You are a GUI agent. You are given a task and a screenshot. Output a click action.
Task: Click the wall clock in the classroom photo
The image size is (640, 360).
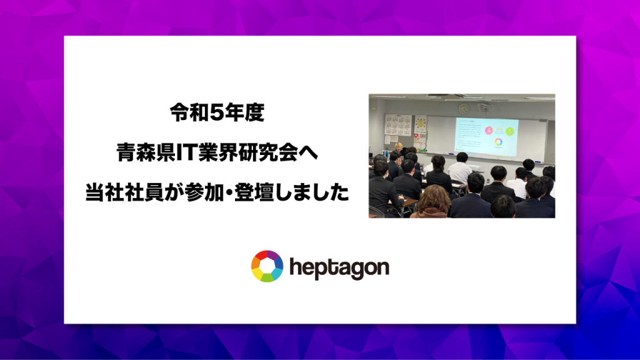point(463,109)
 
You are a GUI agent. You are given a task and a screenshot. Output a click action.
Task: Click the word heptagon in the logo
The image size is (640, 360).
point(339,268)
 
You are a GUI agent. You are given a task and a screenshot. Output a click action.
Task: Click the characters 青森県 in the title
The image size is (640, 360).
point(146,152)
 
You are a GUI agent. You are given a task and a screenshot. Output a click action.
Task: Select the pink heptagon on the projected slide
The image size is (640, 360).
point(488,130)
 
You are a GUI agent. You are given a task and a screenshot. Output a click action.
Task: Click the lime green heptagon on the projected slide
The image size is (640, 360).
point(510,131)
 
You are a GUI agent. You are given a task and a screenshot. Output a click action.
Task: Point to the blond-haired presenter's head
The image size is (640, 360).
point(398,146)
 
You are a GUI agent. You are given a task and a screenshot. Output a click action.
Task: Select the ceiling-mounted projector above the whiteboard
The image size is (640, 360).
point(485,108)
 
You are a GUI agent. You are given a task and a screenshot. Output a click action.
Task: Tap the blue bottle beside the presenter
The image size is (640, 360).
point(386,151)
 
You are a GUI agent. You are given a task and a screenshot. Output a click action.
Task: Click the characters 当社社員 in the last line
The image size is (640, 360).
point(124,192)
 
